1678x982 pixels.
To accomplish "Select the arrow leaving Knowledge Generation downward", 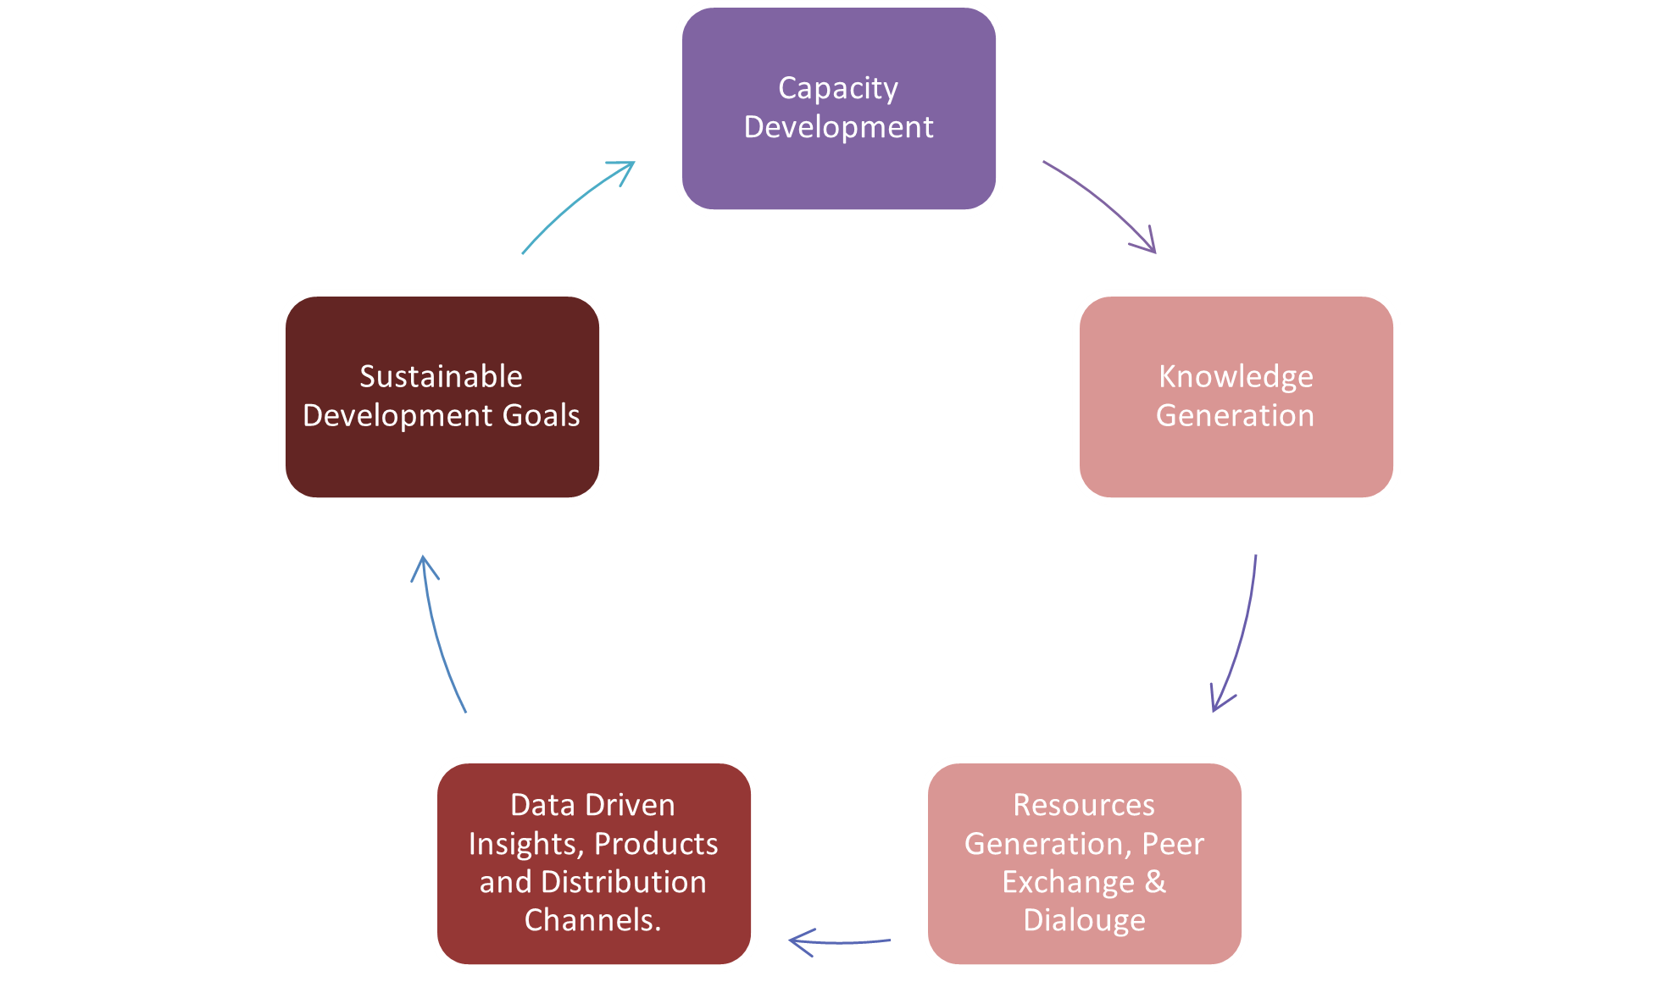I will click(x=1239, y=635).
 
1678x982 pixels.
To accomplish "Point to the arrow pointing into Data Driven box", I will click(x=839, y=940).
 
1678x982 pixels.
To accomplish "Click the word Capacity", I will click(x=838, y=89).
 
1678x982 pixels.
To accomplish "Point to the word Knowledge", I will click(x=1236, y=377).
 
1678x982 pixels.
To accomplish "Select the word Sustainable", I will click(x=441, y=376).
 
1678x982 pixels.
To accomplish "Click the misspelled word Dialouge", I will click(x=1084, y=920).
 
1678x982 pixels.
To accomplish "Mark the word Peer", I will click(x=1173, y=844).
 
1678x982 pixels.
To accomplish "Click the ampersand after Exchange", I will click(x=1155, y=882).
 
